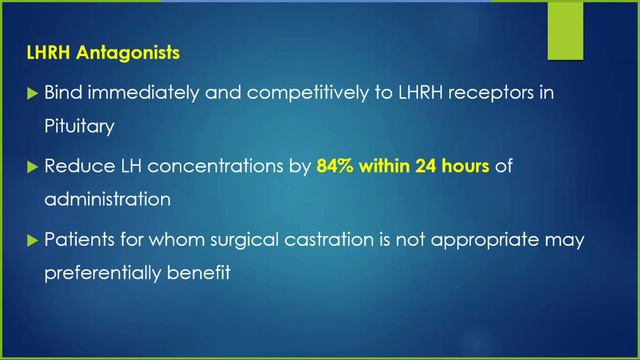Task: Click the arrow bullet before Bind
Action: pos(30,92)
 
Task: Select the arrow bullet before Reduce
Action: pos(30,167)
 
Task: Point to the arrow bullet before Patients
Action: pos(30,241)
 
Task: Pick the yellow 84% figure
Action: pos(337,166)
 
